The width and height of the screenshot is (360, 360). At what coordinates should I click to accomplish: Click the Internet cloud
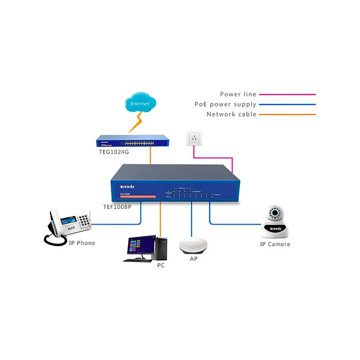(x=141, y=103)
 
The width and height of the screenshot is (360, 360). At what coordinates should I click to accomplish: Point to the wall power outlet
(x=195, y=138)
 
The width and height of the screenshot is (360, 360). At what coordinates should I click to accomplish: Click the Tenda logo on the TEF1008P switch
(x=127, y=187)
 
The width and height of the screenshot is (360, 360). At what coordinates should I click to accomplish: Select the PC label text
(x=161, y=265)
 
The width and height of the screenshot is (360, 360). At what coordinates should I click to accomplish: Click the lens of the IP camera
(x=275, y=213)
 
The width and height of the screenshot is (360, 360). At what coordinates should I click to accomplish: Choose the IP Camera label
(x=275, y=244)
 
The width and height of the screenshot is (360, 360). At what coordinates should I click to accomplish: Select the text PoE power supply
(x=225, y=104)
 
